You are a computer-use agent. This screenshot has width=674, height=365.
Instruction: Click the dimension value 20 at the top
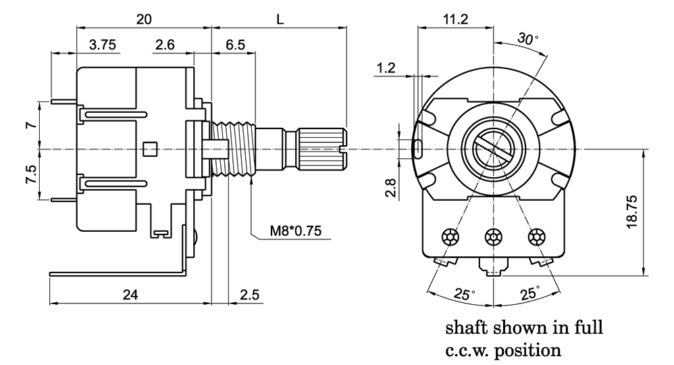click(x=143, y=20)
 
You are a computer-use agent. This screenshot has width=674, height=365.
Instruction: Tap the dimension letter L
click(x=280, y=20)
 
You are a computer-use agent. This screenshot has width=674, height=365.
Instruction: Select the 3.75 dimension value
click(x=103, y=45)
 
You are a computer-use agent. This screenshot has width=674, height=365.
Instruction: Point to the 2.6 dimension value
click(x=165, y=45)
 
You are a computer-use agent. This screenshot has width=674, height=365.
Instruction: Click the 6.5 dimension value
click(x=235, y=45)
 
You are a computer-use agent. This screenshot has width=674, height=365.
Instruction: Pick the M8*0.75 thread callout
click(x=296, y=231)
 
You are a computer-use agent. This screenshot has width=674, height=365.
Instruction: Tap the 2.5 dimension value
click(x=249, y=295)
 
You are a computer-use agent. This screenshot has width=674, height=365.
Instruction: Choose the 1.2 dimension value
click(x=386, y=68)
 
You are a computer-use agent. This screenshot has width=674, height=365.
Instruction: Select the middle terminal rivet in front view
click(x=493, y=237)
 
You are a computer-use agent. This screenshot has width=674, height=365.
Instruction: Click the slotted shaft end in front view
click(x=493, y=147)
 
